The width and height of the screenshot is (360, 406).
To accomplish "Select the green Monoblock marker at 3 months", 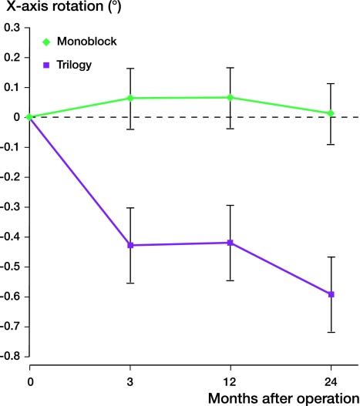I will point(130,98).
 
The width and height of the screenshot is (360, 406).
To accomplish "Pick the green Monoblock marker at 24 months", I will point(331,113).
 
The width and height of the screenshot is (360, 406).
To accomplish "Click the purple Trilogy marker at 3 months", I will point(130,245).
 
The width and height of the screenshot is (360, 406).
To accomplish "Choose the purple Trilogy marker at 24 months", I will point(331,294).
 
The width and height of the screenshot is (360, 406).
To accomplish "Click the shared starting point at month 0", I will point(29,117).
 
